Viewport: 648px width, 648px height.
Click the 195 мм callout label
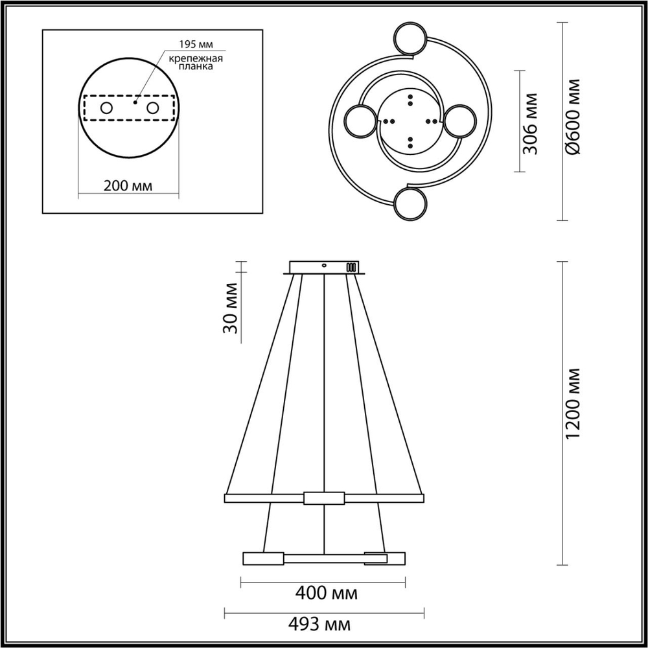196,45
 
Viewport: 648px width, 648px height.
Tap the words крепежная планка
196,63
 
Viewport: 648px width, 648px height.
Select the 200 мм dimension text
128,185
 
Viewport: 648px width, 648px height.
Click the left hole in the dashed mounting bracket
106,108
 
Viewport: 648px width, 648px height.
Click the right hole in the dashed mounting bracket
152,108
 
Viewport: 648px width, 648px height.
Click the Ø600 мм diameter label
572,117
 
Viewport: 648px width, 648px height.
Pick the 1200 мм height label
572,413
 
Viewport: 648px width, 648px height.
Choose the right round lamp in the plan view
461,121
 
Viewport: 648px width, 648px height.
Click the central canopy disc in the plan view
410,121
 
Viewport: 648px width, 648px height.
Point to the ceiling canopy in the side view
324,267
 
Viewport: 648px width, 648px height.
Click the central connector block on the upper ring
323,498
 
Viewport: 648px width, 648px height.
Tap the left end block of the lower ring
262,558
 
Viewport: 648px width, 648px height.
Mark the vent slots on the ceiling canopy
352,267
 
